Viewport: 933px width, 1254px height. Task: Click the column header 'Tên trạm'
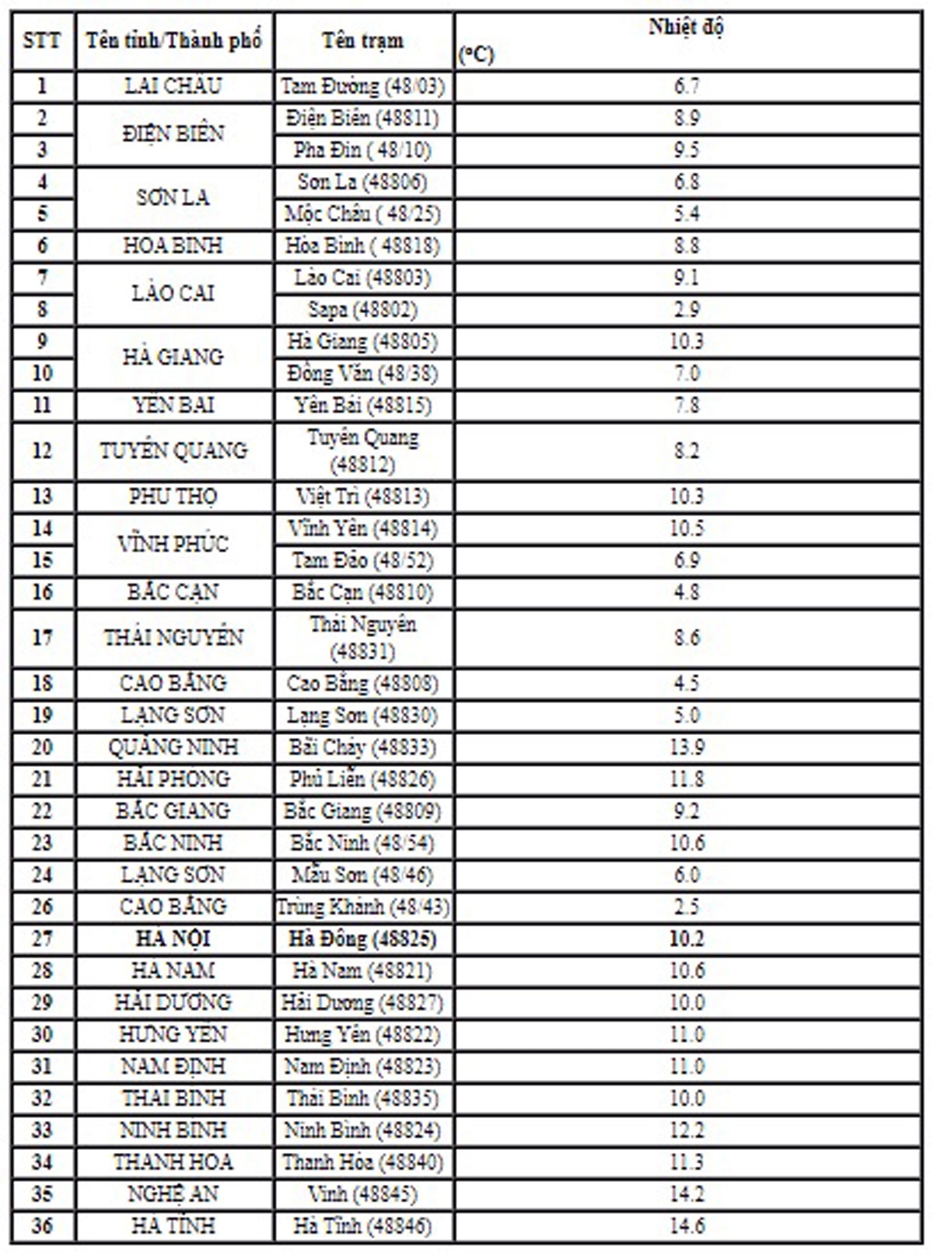[363, 40]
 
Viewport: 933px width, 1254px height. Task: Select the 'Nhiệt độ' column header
[687, 27]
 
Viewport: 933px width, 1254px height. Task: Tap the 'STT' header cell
[42, 40]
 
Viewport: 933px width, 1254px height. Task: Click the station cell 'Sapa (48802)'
[363, 309]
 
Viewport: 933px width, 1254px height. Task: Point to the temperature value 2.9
[687, 309]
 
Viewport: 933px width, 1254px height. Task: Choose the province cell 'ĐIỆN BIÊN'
[173, 134]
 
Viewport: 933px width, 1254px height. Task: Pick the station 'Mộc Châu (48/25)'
[363, 214]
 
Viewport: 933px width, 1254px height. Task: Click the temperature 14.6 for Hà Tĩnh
[687, 1226]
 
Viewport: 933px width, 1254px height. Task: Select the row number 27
[42, 939]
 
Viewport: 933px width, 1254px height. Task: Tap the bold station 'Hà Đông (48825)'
[363, 939]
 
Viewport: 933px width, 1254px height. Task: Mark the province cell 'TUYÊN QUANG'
[173, 451]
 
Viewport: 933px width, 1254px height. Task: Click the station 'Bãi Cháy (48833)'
[363, 747]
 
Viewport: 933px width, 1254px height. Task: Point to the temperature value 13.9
[687, 747]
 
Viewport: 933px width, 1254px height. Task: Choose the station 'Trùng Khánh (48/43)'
[363, 907]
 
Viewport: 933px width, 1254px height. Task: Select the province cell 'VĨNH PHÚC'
[173, 544]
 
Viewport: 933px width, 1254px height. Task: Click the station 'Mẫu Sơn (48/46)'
[363, 875]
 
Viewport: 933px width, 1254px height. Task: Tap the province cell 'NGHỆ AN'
[173, 1194]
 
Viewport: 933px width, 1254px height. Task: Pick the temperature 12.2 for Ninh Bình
[687, 1130]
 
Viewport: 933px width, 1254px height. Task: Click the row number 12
[42, 451]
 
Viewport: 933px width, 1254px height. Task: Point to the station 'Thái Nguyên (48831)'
[363, 637]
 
